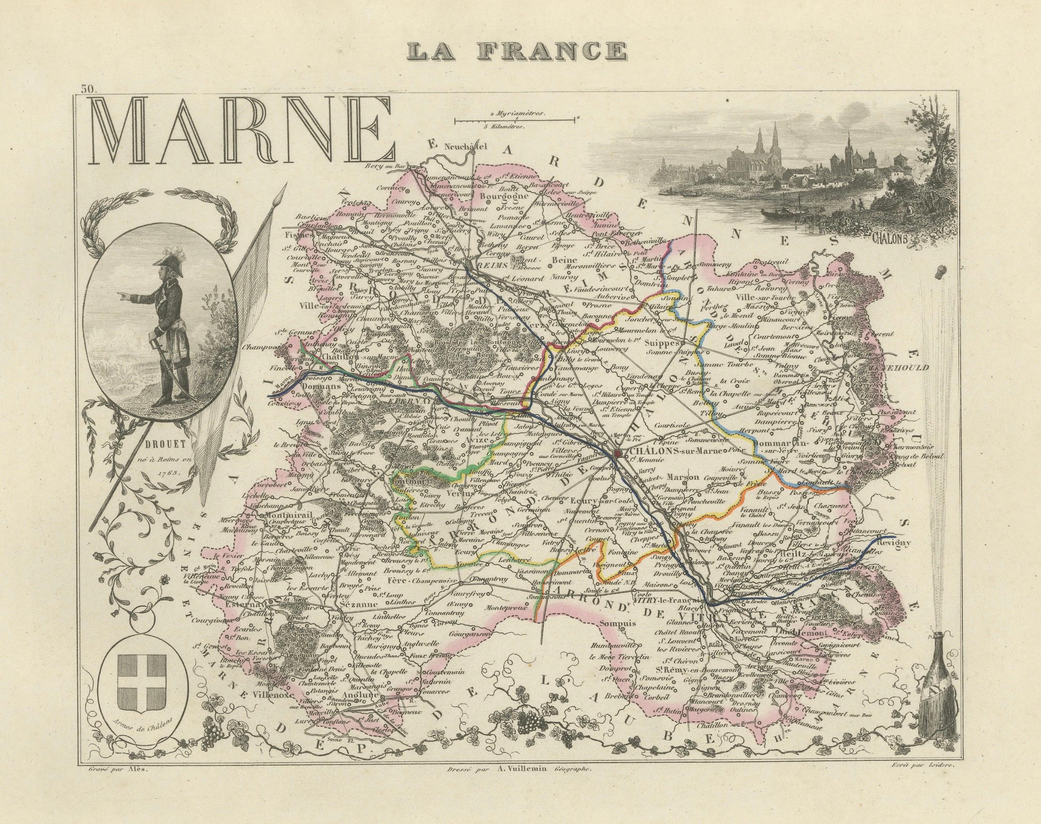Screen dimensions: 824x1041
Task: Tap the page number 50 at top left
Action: (x=89, y=88)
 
